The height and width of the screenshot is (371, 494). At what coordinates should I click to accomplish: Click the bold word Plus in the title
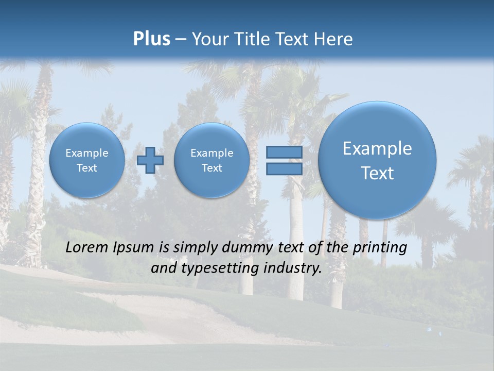click(151, 39)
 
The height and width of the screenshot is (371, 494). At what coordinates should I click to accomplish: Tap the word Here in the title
click(334, 39)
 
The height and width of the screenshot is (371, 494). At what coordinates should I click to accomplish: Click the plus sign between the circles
click(150, 160)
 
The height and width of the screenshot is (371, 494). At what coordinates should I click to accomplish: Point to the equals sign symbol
click(284, 160)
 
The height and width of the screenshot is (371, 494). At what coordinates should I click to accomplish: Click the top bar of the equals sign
click(284, 153)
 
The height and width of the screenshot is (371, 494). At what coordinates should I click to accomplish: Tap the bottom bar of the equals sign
click(284, 168)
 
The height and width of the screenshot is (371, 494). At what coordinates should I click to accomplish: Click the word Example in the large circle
click(377, 148)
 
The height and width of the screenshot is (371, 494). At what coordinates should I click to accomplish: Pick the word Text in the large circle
click(377, 173)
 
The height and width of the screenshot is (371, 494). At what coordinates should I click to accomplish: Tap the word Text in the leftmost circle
click(87, 168)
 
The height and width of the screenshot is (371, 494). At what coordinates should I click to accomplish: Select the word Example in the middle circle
click(211, 153)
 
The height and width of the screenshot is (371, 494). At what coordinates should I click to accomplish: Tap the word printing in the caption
click(379, 248)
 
